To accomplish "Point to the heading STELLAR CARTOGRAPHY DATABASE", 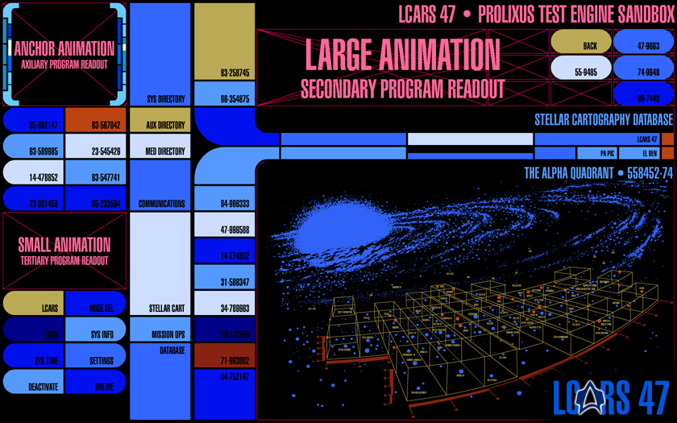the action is [x=603, y=120].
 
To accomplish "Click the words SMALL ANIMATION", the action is [x=64, y=244].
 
